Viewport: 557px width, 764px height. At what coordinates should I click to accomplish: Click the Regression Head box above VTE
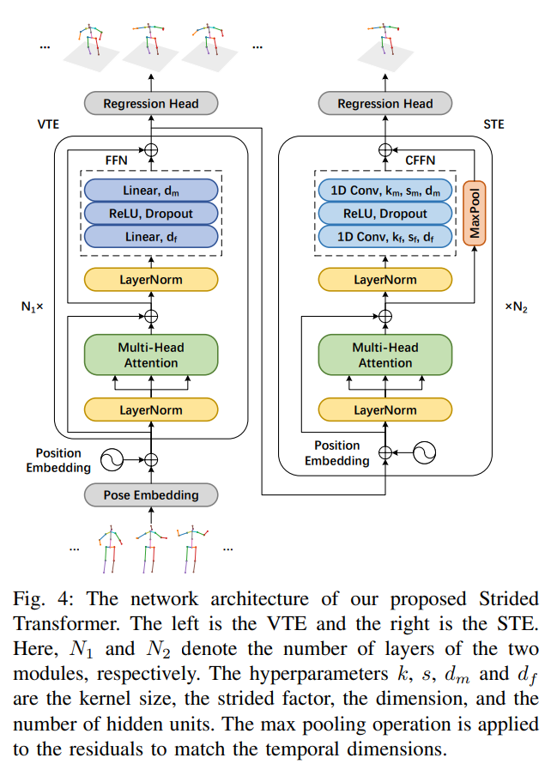(151, 104)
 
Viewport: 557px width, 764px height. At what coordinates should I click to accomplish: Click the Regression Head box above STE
(385, 104)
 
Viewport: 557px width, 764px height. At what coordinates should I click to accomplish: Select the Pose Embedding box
(151, 494)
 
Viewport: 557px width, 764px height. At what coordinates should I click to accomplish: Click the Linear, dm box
(151, 190)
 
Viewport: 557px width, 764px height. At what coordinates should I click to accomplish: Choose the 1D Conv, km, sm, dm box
(385, 190)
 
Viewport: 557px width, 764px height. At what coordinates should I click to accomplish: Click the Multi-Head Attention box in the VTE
(151, 355)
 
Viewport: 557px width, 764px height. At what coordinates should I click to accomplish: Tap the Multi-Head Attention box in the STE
(385, 355)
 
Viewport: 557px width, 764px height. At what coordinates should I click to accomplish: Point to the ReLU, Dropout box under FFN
(151, 214)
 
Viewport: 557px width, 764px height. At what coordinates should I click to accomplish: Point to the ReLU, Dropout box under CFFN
(385, 214)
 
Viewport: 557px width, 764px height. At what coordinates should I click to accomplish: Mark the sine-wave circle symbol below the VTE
(111, 460)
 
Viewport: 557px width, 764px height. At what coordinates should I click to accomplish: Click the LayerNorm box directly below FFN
(151, 279)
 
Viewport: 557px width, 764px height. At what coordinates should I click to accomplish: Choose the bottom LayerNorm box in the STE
(385, 409)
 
